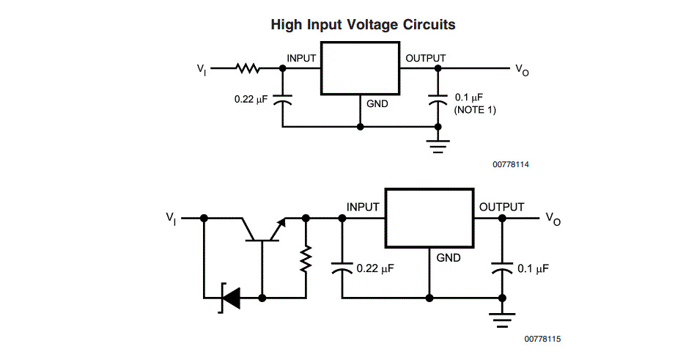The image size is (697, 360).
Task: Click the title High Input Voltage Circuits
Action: [364, 24]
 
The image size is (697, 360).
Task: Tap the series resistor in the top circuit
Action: [248, 68]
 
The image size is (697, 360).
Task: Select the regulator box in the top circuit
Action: [360, 68]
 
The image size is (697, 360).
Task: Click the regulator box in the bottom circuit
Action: [429, 218]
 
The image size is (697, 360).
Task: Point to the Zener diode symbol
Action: [230, 298]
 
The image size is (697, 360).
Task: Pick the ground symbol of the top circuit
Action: [438, 147]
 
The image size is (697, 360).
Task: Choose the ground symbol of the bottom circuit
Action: [502, 320]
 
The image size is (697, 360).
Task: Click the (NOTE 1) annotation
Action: [475, 110]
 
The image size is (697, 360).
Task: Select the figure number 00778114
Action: [510, 164]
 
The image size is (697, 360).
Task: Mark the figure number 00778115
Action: [542, 339]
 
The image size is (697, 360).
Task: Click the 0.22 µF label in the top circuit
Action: [251, 99]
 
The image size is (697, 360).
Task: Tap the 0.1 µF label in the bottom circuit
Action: [533, 268]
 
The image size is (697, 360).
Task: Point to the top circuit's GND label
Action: [377, 104]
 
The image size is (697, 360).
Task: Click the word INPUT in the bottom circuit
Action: [363, 207]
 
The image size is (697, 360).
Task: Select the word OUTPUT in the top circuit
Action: [425, 58]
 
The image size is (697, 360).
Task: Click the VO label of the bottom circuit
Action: [553, 218]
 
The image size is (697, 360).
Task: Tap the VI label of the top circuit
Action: [202, 70]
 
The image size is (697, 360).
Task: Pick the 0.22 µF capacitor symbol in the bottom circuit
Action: [342, 268]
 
